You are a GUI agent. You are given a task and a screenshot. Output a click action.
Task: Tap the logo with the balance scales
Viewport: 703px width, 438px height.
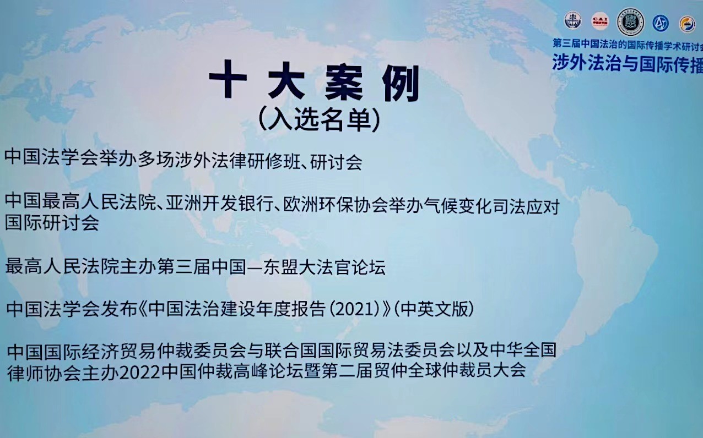573,21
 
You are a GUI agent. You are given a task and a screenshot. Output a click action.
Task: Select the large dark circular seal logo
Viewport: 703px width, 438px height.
631,22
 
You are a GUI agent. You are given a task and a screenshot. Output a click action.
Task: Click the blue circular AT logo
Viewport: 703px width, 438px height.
661,23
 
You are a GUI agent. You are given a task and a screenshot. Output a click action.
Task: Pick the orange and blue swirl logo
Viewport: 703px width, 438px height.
687,24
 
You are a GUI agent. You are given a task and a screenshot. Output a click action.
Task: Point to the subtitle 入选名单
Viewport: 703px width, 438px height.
320,119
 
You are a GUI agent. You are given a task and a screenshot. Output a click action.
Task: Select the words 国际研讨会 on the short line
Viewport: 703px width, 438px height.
52,224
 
